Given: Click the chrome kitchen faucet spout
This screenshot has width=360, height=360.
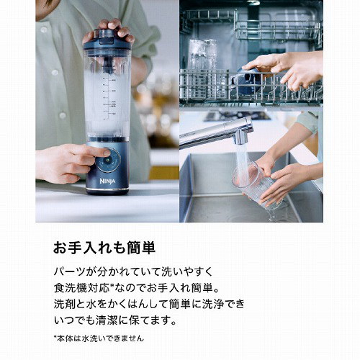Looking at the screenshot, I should click(216, 132).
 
